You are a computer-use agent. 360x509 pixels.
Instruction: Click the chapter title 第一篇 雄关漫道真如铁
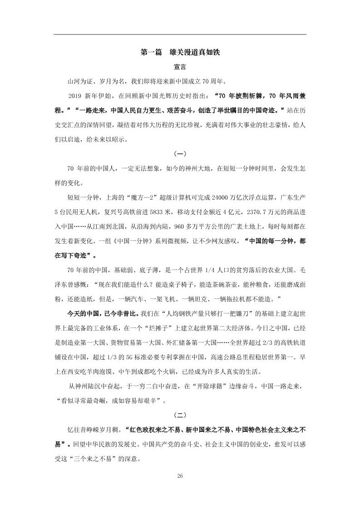(180, 53)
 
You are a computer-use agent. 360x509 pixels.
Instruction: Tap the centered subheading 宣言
(180, 68)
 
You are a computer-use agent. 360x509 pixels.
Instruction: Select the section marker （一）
(180, 154)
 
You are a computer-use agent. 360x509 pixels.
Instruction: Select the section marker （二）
(180, 415)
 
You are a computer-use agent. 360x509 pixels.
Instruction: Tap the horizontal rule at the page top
(180, 34)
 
